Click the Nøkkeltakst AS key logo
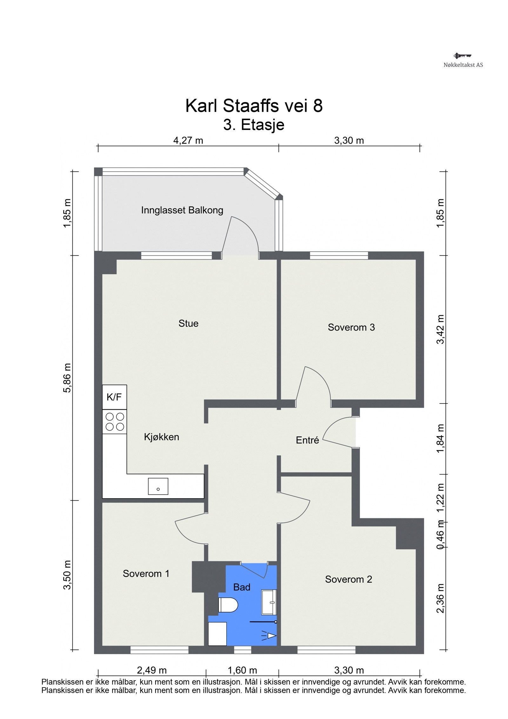point(462,56)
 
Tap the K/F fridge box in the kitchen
point(114,397)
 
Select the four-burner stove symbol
point(115,421)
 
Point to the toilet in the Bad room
point(228,605)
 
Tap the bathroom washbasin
point(269,602)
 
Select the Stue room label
point(188,323)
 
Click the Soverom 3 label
point(351,327)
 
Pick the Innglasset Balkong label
point(182,210)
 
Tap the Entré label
point(307,440)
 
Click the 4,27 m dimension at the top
point(188,140)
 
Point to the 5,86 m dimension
point(67,378)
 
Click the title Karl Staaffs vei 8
point(254,106)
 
